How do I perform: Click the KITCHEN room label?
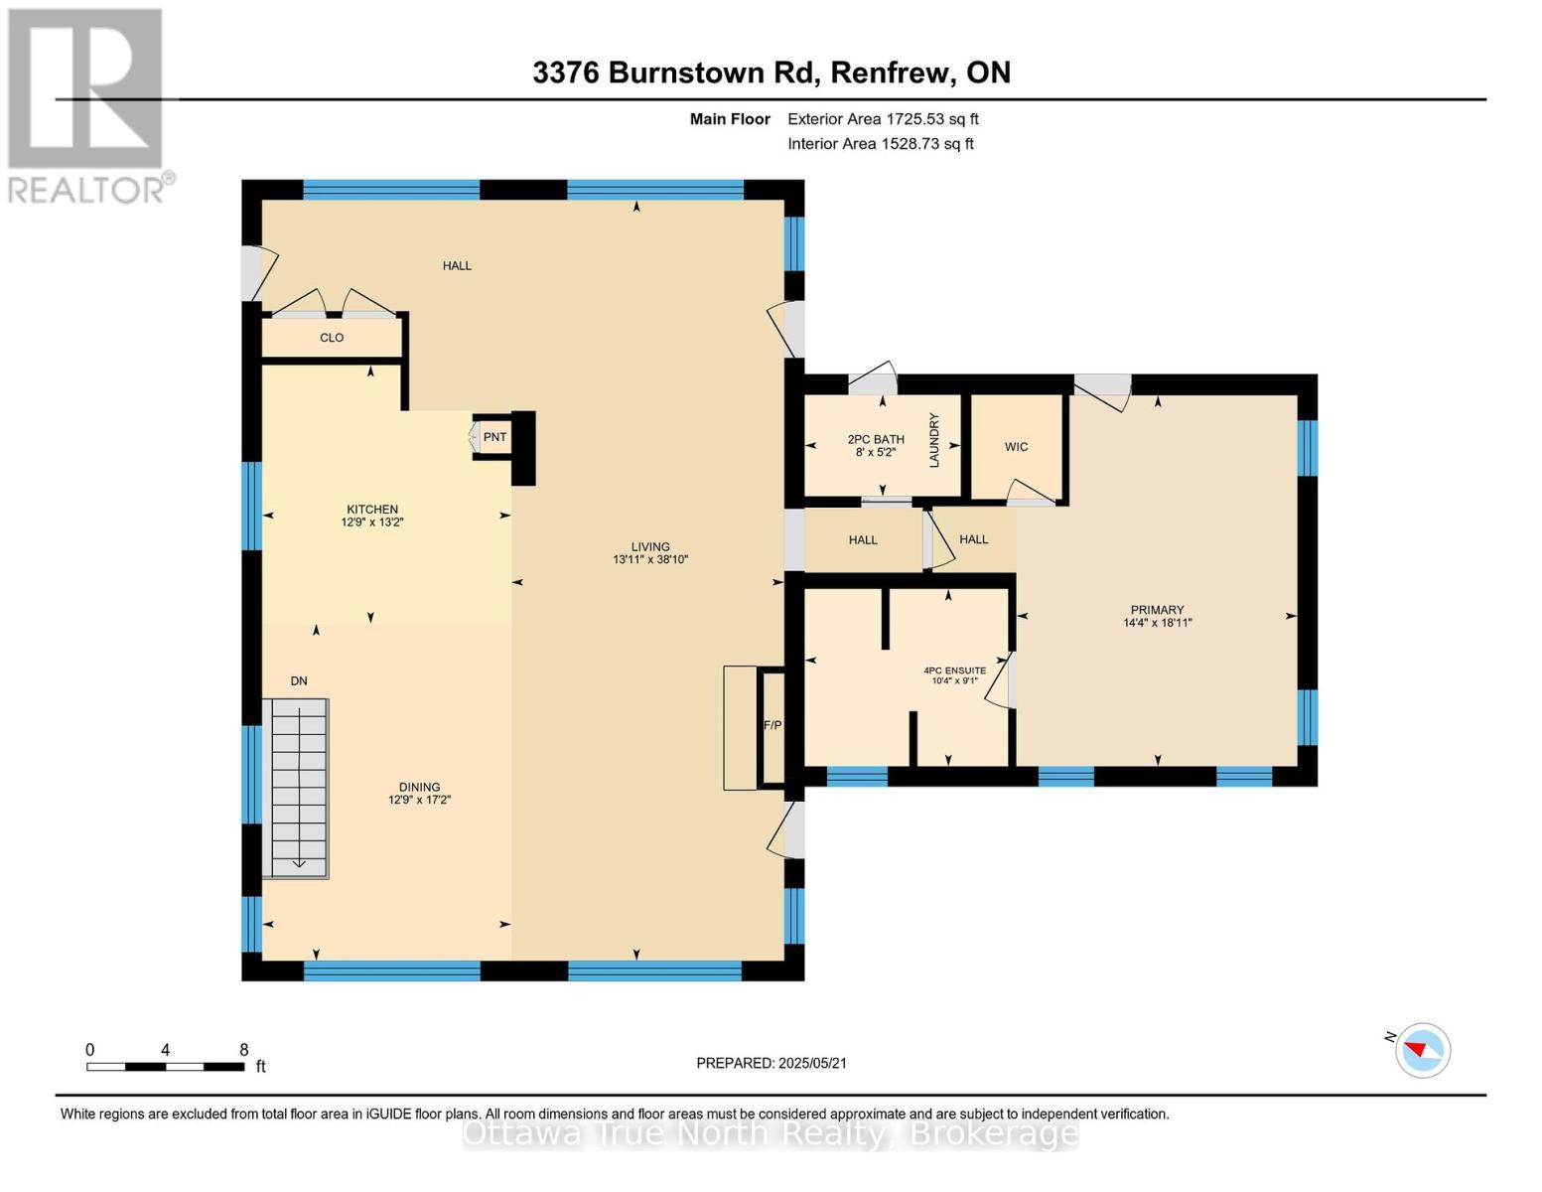pyautogui.click(x=371, y=509)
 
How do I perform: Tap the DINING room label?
pyautogui.click(x=419, y=787)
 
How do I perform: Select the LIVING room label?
pyautogui.click(x=650, y=546)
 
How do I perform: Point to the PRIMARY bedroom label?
pyautogui.click(x=1158, y=610)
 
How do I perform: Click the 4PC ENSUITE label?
pyautogui.click(x=955, y=670)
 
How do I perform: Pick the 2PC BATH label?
pyautogui.click(x=876, y=439)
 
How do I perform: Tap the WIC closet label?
pyautogui.click(x=1016, y=447)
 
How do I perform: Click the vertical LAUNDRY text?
pyautogui.click(x=934, y=440)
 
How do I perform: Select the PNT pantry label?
pyautogui.click(x=494, y=437)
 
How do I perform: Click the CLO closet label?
pyautogui.click(x=332, y=338)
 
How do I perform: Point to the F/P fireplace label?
pyautogui.click(x=772, y=725)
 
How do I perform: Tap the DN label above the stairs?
pyautogui.click(x=299, y=680)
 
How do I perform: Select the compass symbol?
pyautogui.click(x=1423, y=1051)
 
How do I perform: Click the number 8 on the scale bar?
pyautogui.click(x=244, y=1049)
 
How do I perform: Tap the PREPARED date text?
pyautogui.click(x=771, y=1063)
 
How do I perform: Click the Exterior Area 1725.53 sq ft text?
pyautogui.click(x=883, y=119)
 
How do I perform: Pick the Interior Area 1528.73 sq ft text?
pyautogui.click(x=881, y=144)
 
